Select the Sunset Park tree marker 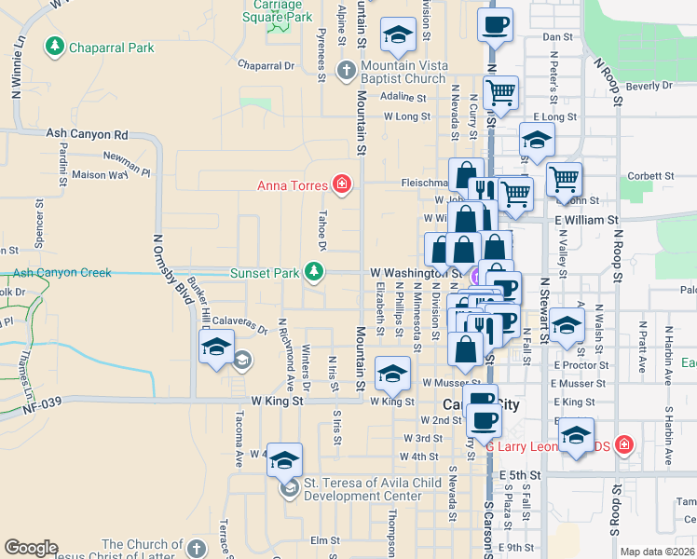tap(315, 272)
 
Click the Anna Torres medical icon tap(342, 184)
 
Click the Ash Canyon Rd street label tap(87, 135)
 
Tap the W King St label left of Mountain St tap(278, 401)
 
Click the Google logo tap(31, 548)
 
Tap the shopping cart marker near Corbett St tap(564, 178)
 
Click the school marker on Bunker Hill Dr tap(216, 348)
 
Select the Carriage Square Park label tap(278, 11)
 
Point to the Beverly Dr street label tap(649, 86)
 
